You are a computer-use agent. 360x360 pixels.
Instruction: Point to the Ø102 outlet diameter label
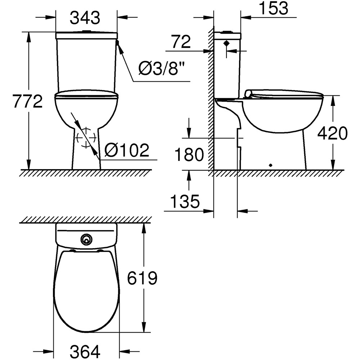pyautogui.click(x=126, y=150)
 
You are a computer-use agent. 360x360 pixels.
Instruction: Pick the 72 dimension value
pyautogui.click(x=180, y=42)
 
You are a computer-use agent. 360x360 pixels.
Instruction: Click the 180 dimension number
pyautogui.click(x=189, y=155)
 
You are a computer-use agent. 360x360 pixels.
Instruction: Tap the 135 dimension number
pyautogui.click(x=185, y=202)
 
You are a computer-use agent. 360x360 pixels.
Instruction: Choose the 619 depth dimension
pyautogui.click(x=143, y=278)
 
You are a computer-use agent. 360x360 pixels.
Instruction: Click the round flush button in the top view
pyautogui.click(x=86, y=238)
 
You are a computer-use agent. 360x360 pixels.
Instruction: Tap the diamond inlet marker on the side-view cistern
pyautogui.click(x=226, y=44)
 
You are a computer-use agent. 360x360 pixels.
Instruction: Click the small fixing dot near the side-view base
pyautogui.click(x=271, y=165)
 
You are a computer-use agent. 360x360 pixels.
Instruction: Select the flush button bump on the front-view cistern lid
pyautogui.click(x=86, y=31)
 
